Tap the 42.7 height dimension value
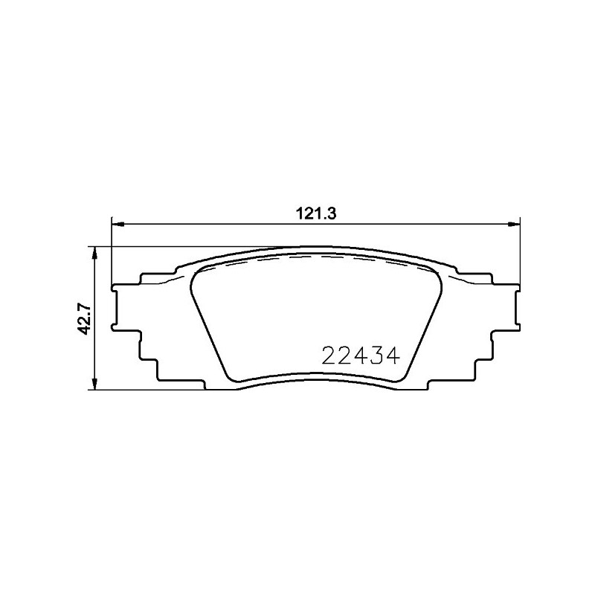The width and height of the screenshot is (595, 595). coord(86,318)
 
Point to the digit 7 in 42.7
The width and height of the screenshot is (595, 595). coord(86,304)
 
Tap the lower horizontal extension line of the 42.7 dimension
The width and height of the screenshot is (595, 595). coord(149,388)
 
